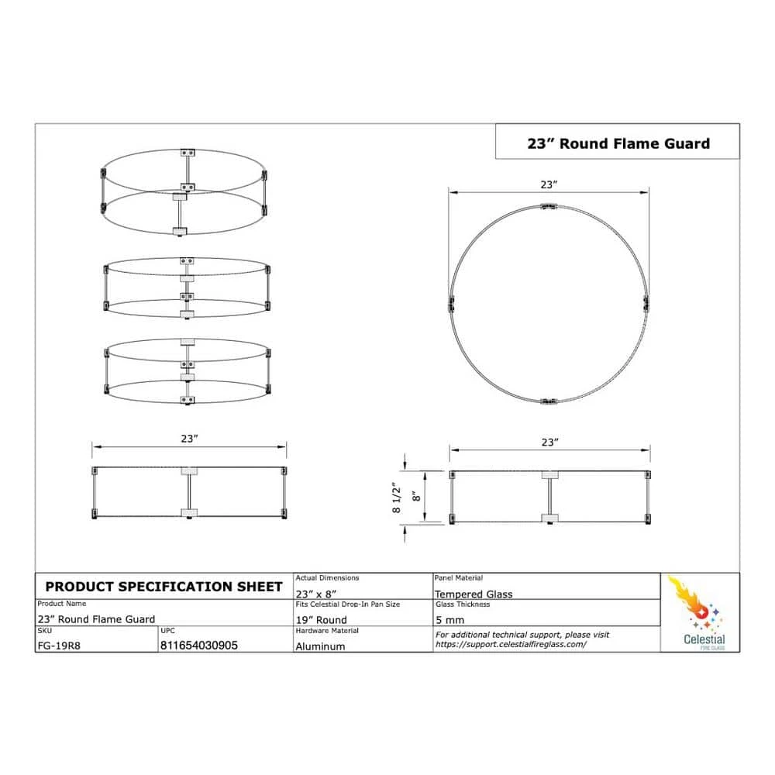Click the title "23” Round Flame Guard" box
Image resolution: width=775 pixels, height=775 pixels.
618,143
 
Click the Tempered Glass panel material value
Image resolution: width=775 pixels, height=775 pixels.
474,594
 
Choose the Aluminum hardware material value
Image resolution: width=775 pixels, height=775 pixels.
320,646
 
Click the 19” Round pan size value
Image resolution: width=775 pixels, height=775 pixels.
321,620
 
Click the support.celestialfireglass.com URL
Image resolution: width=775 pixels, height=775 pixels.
511,644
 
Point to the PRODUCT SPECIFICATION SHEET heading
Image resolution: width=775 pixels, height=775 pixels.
164,587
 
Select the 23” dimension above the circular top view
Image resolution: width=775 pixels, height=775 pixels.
549,185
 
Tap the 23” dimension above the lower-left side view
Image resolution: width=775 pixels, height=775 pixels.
190,439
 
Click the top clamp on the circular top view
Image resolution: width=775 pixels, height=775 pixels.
549,206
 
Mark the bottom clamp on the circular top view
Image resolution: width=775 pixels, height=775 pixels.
549,401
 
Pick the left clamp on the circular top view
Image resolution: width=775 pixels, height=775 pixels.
451,303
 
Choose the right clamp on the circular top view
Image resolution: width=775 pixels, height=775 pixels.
645,303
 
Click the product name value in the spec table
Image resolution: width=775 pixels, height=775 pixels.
96,619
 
